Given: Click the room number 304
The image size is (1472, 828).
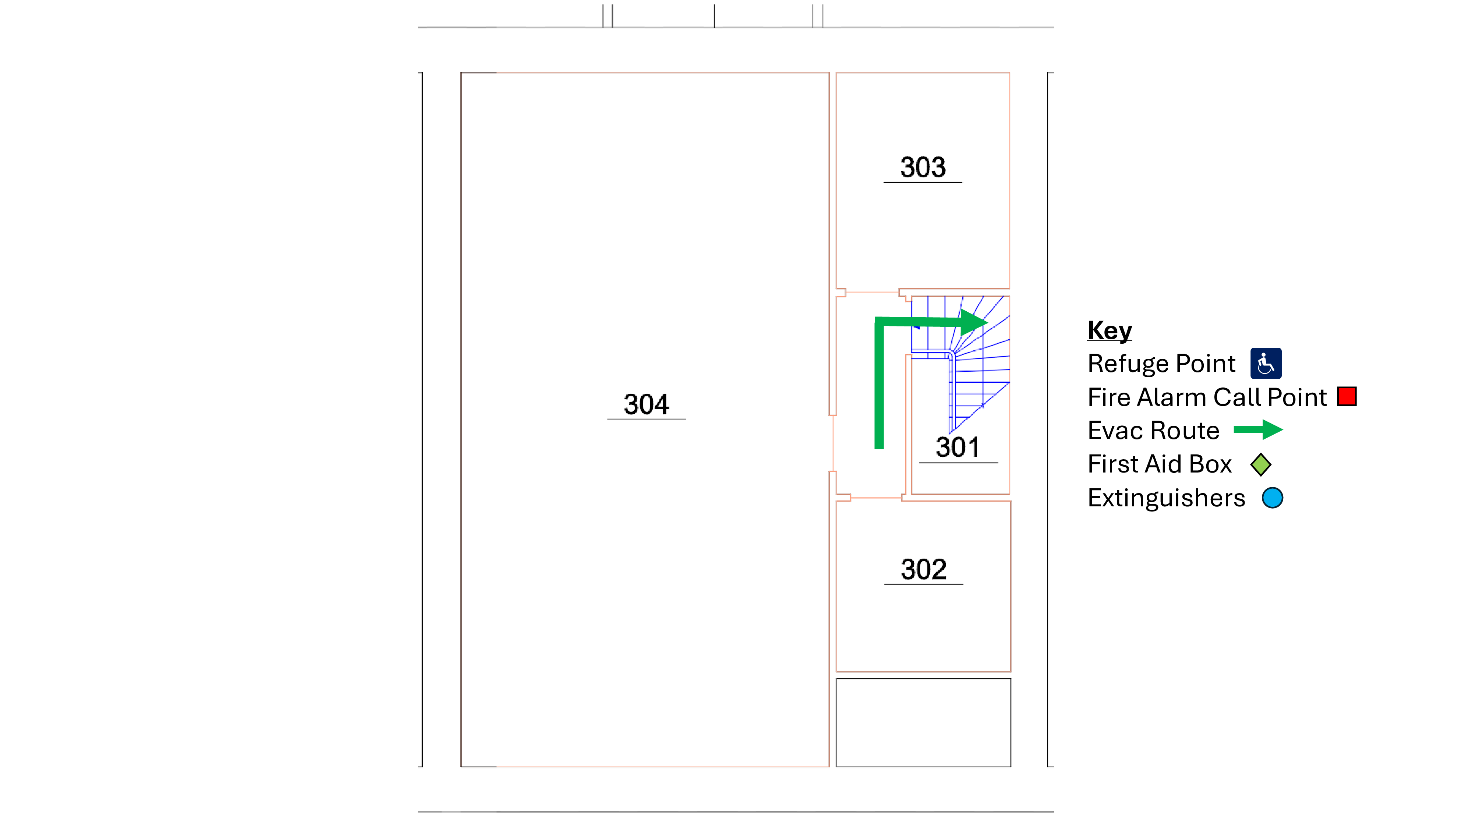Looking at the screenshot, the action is click(x=646, y=404).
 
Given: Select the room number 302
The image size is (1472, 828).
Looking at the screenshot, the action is click(x=923, y=569).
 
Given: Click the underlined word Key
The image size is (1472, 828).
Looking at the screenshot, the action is click(x=1109, y=330).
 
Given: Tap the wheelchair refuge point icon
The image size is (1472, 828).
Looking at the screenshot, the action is click(x=1265, y=364).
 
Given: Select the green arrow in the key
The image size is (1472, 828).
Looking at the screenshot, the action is click(x=1258, y=430).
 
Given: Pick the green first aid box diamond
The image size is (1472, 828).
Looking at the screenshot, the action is click(x=1260, y=464).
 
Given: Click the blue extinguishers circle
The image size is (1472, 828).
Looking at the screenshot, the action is click(x=1272, y=498).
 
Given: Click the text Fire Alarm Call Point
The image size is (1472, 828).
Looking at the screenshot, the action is click(x=1207, y=397).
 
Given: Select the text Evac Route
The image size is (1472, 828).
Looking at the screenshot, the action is click(x=1153, y=430).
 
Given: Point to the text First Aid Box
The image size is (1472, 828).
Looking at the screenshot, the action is click(x=1160, y=464).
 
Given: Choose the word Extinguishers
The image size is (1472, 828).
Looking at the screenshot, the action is click(x=1166, y=498).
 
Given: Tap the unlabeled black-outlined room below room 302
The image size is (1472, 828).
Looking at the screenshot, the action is click(x=923, y=723).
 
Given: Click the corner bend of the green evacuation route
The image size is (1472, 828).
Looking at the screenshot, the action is click(x=880, y=322).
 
